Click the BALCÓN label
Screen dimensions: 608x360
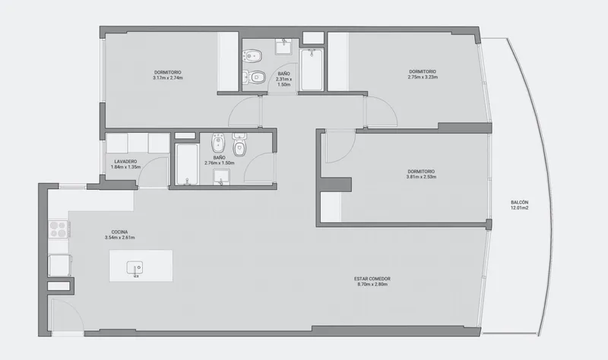[x=519, y=202]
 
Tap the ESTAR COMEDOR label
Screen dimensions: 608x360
[x=372, y=279]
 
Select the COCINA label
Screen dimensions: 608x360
[x=119, y=232]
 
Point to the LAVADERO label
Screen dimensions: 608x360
[x=125, y=162]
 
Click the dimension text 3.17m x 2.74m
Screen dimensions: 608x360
[x=167, y=78]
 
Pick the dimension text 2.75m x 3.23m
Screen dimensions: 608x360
[x=423, y=77]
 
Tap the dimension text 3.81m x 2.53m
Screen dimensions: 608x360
[x=421, y=177]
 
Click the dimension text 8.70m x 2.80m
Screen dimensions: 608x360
[x=372, y=284]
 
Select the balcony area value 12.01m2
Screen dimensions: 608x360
[x=520, y=207]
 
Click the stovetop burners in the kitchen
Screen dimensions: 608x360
[x=58, y=229]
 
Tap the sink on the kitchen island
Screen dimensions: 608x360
[x=135, y=268]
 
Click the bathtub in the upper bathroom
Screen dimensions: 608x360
[x=312, y=69]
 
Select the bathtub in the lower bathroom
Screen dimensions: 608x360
[x=186, y=164]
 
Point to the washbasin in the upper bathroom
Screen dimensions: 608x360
[x=284, y=46]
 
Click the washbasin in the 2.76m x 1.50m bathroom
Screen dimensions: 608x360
[x=221, y=177]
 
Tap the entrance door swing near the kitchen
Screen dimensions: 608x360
[x=67, y=315]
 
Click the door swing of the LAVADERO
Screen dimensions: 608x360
[x=154, y=172]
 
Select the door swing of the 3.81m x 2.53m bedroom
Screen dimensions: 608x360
[x=340, y=147]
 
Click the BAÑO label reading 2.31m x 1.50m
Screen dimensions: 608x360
[x=283, y=79]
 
